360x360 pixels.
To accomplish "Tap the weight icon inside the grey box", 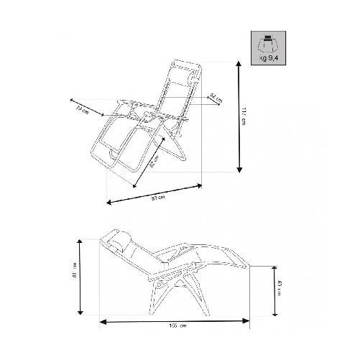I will (268, 44).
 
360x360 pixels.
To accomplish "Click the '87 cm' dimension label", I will (160, 198).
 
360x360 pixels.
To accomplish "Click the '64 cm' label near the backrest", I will (215, 96).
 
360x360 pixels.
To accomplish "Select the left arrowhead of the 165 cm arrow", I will (102, 320).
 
